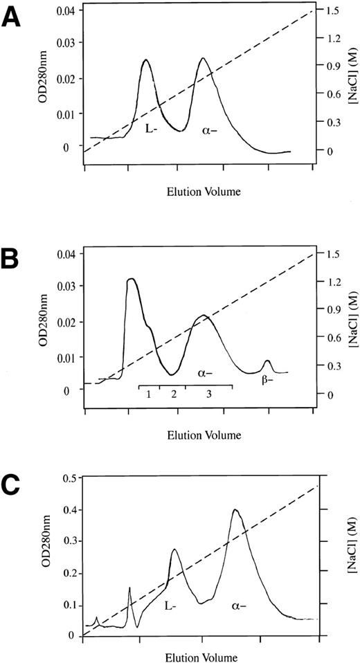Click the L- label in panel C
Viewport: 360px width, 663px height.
(x=169, y=606)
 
